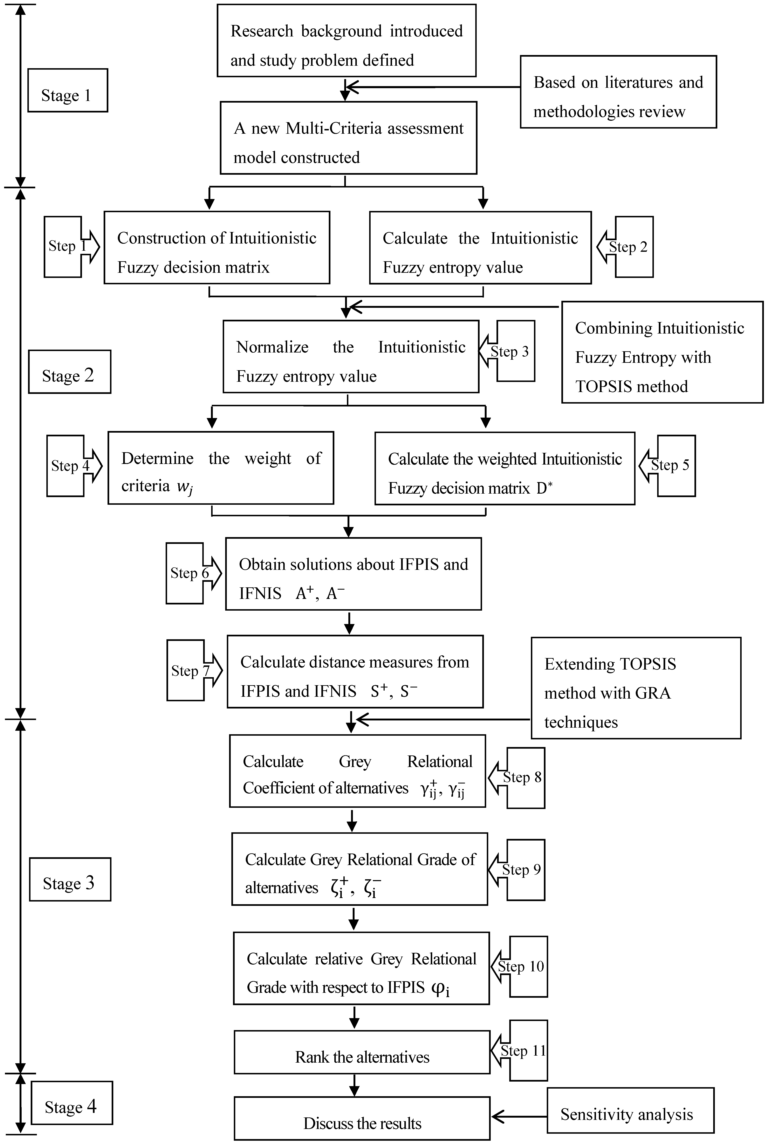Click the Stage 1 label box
pos(68,91)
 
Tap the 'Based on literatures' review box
pos(618,92)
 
